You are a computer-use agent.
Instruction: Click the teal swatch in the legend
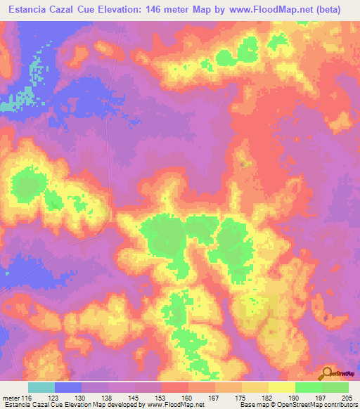(41, 387)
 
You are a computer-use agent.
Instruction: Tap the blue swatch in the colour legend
(68, 387)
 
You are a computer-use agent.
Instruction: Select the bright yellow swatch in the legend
(281, 387)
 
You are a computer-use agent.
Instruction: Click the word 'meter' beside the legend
(11, 398)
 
